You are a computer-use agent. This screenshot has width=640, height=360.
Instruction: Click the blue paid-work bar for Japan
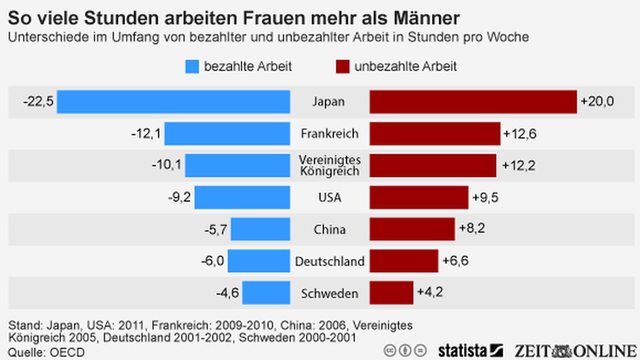pos(173,102)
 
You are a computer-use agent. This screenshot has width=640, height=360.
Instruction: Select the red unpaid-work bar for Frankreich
pos(435,133)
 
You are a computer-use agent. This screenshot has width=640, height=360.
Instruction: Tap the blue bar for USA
pos(242,197)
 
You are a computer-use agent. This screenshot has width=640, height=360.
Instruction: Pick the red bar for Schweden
pos(391,293)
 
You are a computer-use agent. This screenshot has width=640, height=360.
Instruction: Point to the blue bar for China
pos(260,229)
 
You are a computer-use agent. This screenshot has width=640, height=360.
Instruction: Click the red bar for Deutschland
pos(404,261)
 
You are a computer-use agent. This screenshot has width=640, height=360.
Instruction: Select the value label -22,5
pos(38,102)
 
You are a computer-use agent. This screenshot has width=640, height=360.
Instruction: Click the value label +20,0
pos(597,102)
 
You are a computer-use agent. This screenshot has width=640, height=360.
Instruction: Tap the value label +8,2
pos(472,229)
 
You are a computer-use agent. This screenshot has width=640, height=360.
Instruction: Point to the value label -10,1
pos(166,165)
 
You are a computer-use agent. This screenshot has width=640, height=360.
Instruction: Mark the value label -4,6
pos(227,293)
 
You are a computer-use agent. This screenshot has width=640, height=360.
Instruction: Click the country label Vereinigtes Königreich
pos(330,165)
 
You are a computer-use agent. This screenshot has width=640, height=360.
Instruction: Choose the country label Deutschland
pos(330,262)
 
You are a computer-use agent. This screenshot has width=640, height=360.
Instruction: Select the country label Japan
pos(328,102)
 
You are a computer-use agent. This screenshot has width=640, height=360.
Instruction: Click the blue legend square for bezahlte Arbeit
pos(192,66)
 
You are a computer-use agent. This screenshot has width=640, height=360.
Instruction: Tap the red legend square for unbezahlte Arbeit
pos(342,66)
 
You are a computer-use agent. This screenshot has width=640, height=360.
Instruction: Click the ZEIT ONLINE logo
pos(575,351)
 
